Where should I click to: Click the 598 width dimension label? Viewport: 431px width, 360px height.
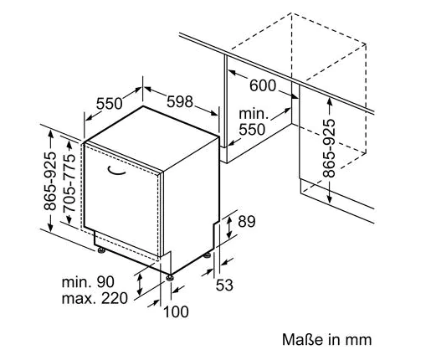point(180,101)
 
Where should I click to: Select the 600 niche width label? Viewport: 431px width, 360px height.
point(263,85)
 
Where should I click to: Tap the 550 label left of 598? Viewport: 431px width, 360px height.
point(109,104)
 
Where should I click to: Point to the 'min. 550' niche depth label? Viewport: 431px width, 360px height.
point(253,121)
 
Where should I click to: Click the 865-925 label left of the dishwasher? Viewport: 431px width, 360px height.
point(50,181)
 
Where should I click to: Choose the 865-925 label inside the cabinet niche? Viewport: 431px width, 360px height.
point(329,148)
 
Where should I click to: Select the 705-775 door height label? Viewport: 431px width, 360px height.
point(69,183)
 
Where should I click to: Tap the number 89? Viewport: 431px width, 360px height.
point(247,222)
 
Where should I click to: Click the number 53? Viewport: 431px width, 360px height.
point(224,285)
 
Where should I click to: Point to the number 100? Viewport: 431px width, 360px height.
point(176,311)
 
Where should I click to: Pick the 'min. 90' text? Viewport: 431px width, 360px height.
point(88,282)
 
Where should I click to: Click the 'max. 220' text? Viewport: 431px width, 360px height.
point(95,298)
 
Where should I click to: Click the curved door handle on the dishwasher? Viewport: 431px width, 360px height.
point(116,170)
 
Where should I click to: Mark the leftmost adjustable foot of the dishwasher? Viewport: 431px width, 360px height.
point(101,250)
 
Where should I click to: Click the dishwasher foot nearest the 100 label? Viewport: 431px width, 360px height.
point(170,278)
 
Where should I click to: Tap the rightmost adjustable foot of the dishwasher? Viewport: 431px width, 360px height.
point(207,255)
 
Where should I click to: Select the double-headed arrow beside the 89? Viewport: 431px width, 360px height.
point(229,228)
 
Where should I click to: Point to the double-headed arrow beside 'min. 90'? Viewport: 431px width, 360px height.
point(140,284)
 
